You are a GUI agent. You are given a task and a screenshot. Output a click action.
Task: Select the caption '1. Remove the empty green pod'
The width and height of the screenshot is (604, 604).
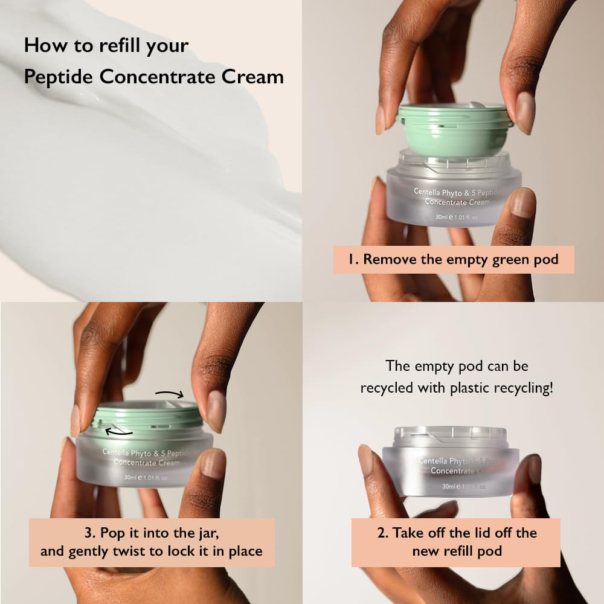[x=453, y=260]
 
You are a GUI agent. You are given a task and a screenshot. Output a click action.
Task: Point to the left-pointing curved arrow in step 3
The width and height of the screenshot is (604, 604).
[x=118, y=431]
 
